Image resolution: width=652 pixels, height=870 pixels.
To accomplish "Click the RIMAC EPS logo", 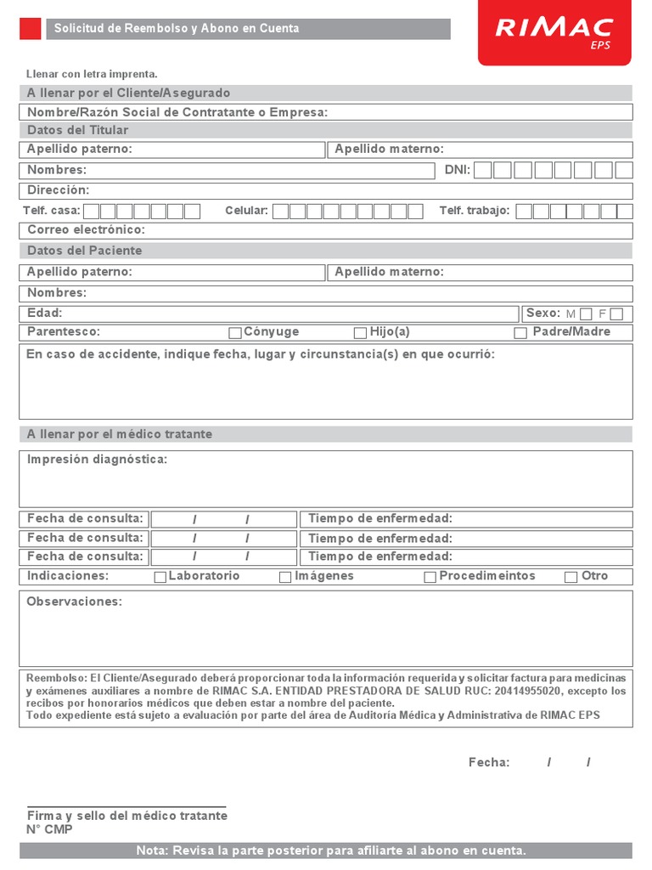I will [x=554, y=31].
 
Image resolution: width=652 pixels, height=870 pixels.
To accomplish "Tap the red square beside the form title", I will [x=30, y=29].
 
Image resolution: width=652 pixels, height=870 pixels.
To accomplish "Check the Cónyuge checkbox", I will [x=235, y=333].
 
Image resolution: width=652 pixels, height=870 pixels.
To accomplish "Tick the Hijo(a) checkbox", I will [x=360, y=333].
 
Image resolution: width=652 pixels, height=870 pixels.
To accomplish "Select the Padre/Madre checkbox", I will [x=520, y=333].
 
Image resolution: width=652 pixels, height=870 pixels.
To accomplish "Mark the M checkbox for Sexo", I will [x=586, y=314].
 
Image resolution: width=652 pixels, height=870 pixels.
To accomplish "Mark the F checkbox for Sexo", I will [x=616, y=314].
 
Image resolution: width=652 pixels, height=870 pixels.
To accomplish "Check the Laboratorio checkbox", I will [x=160, y=577].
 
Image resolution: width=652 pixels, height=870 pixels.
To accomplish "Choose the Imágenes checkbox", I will [x=285, y=577].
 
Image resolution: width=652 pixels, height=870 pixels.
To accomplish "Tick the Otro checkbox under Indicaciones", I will [x=570, y=577].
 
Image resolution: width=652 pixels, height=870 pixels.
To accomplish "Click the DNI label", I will [x=457, y=170].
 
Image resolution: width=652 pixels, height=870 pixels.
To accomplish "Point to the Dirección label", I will [x=58, y=190].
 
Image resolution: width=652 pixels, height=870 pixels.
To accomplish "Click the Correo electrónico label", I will [x=86, y=230].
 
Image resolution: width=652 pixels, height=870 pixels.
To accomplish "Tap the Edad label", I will [x=44, y=314].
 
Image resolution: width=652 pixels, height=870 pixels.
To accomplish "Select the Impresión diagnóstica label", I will [x=97, y=460].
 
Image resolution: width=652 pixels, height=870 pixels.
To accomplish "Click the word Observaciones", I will [x=74, y=602].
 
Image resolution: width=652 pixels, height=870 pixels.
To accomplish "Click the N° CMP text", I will [x=49, y=829].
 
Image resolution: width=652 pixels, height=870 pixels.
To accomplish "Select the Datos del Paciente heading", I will [x=84, y=251].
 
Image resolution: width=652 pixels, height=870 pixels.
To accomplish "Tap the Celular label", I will [x=246, y=211].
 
